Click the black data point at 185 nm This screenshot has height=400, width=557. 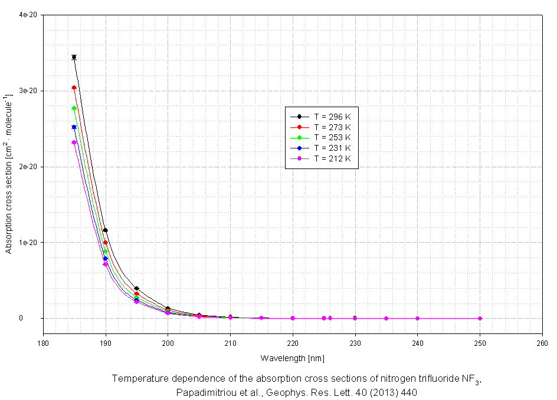tap(74, 57)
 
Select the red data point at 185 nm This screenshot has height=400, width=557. tap(74, 88)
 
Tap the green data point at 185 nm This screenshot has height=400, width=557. tap(74, 108)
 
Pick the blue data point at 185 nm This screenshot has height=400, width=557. tap(74, 127)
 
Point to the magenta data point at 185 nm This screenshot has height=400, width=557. tap(74, 143)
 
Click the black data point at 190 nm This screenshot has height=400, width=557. tap(105, 230)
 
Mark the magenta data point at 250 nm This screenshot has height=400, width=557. tap(480, 318)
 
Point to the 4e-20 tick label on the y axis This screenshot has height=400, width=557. tap(28, 15)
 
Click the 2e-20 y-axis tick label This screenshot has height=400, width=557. tap(28, 167)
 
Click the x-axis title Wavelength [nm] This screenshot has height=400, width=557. tap(292, 358)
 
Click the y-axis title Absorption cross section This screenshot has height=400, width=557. tap(9, 174)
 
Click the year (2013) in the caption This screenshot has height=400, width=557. tap(373, 392)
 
